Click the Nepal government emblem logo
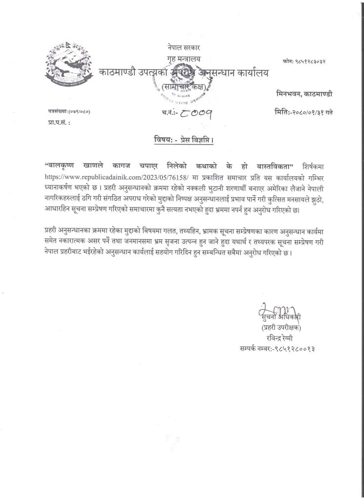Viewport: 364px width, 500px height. [x=67, y=68]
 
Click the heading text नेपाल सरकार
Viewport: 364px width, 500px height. [x=182, y=48]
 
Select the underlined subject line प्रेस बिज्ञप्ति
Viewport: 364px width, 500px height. [x=181, y=140]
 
